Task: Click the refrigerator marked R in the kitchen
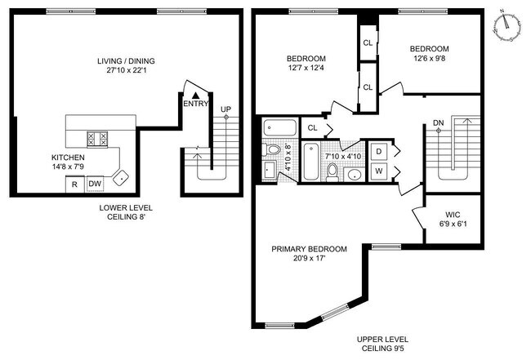click(x=75, y=184)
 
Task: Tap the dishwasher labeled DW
click(x=95, y=184)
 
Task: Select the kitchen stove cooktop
click(x=97, y=139)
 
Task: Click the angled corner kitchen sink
click(x=121, y=178)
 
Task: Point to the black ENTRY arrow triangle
click(x=195, y=96)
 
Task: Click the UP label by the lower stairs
click(x=225, y=109)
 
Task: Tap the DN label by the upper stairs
click(x=438, y=122)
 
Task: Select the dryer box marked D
click(x=378, y=152)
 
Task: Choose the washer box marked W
click(x=378, y=171)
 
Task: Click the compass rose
click(x=507, y=27)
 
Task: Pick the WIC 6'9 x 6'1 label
click(x=453, y=220)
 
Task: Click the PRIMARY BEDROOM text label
click(x=309, y=249)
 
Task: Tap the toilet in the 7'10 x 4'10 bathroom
click(x=332, y=172)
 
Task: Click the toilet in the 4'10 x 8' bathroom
click(x=272, y=149)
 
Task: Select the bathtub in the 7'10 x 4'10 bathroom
click(x=311, y=162)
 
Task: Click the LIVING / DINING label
click(x=126, y=61)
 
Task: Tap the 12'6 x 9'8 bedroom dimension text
click(x=430, y=58)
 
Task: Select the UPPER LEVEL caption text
click(x=382, y=340)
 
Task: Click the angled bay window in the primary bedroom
click(x=335, y=312)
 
